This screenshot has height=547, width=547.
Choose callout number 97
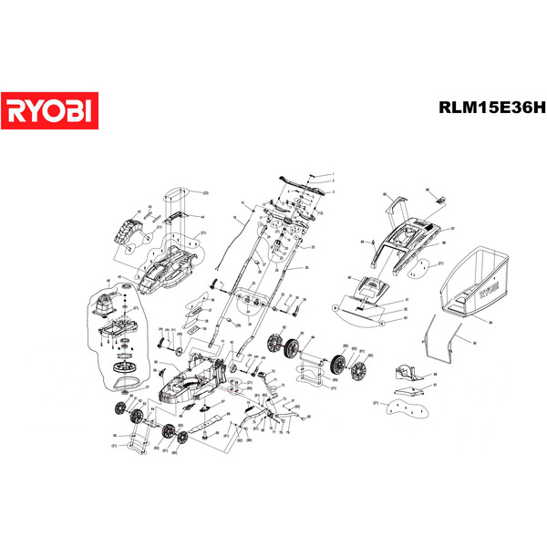(435, 386)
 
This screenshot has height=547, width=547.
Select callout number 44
(202, 217)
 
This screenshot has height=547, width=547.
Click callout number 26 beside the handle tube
(306, 267)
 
